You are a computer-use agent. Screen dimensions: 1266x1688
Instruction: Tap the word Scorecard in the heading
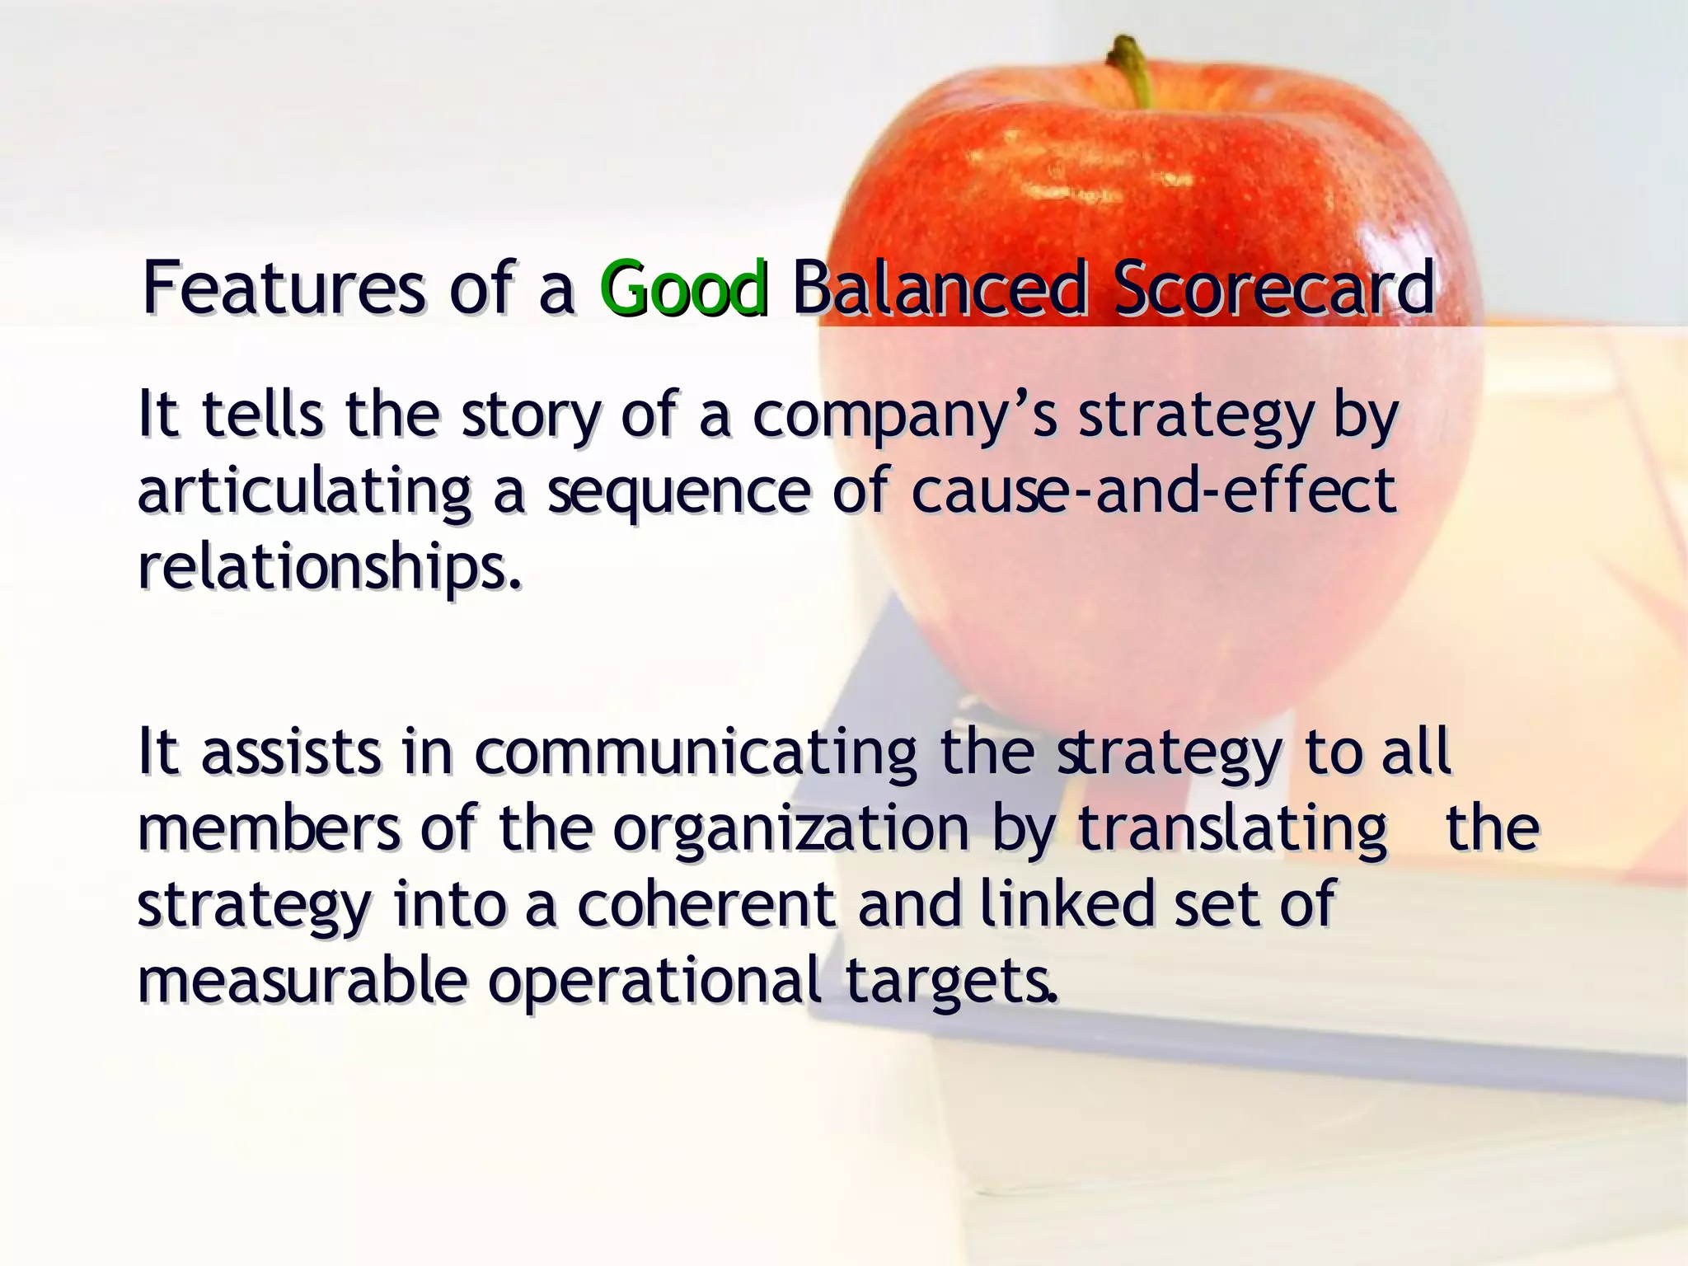tap(1273, 288)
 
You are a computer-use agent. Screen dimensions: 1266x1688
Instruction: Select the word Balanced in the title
tap(939, 288)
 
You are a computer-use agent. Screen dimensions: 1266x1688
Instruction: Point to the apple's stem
tap(1132, 70)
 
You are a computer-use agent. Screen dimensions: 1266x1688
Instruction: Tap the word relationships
tap(330, 569)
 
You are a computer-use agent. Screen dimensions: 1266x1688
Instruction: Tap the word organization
tap(791, 830)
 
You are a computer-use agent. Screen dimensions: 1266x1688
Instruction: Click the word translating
tap(1232, 830)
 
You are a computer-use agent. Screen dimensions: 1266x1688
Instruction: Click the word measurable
tap(302, 981)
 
